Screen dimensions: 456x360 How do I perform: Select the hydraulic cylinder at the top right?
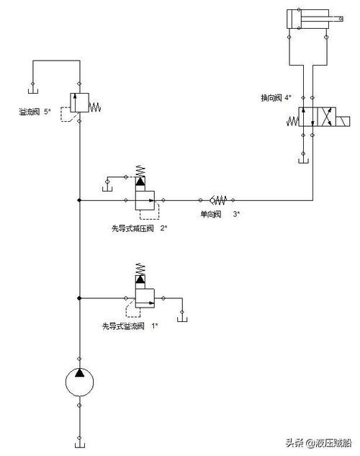pos(307,19)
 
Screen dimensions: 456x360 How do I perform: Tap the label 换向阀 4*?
pos(276,97)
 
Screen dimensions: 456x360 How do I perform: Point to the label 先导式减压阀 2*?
pos(139,228)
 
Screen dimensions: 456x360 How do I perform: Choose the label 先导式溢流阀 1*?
pos(130,326)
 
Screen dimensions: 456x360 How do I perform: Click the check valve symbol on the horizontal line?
pos(216,200)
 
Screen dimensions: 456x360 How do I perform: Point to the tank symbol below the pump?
pos(78,439)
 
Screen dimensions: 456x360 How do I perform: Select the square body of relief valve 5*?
pos(78,102)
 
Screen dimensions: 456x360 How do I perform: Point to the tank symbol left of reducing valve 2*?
pos(107,189)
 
